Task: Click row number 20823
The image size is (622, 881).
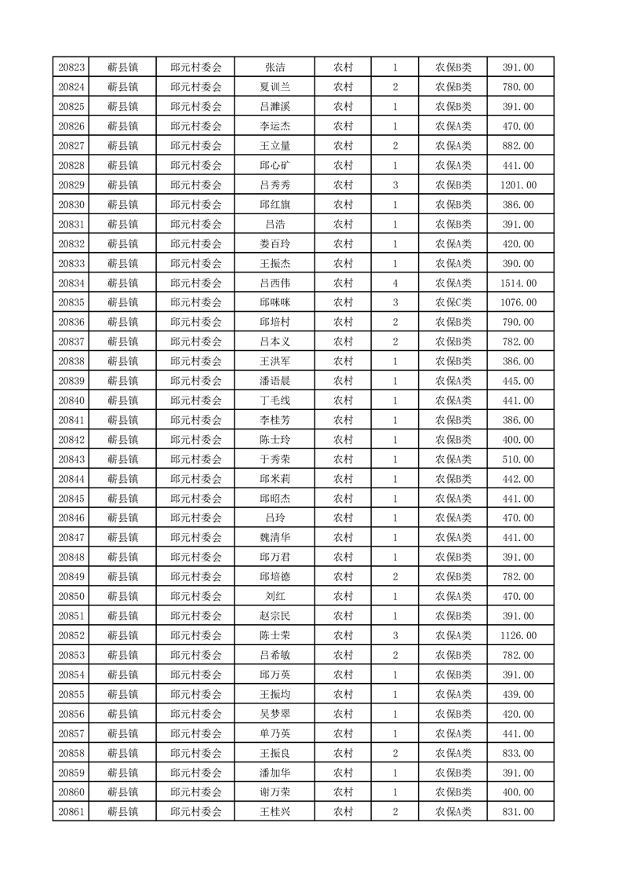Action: click(71, 68)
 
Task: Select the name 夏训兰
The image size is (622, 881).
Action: click(275, 87)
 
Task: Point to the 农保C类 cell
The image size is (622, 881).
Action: click(453, 303)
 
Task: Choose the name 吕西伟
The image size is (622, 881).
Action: click(275, 283)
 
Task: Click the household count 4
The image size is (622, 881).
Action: click(395, 283)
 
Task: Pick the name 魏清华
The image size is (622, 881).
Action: click(275, 538)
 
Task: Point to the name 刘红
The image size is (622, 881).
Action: click(275, 597)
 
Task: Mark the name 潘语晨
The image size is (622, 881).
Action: click(275, 381)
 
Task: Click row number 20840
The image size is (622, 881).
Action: click(71, 400)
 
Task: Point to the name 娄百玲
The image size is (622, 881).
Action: click(275, 244)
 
